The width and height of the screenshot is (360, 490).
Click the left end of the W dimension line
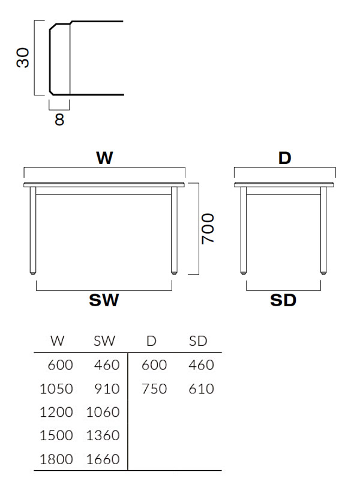[24, 168]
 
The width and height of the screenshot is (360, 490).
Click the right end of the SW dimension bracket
[172, 290]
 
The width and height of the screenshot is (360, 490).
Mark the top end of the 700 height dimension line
[199, 183]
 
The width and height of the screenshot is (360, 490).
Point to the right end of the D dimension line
[335, 168]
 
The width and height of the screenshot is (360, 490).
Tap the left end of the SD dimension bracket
[247, 290]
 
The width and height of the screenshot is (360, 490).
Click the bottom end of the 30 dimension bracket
[34, 94]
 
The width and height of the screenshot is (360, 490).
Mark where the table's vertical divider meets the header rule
[128, 353]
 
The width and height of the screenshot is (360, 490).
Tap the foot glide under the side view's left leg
[243, 273]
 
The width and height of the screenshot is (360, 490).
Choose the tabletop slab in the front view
[104, 185]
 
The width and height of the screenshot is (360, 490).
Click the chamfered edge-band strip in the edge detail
[59, 58]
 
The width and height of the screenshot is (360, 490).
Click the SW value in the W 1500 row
[103, 435]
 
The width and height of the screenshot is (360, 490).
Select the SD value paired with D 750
[201, 389]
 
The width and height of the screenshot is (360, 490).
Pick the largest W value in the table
[56, 459]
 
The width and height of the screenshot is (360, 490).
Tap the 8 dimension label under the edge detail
[59, 119]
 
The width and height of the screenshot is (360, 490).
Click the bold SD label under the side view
[283, 300]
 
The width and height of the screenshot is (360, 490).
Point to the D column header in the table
[151, 340]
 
